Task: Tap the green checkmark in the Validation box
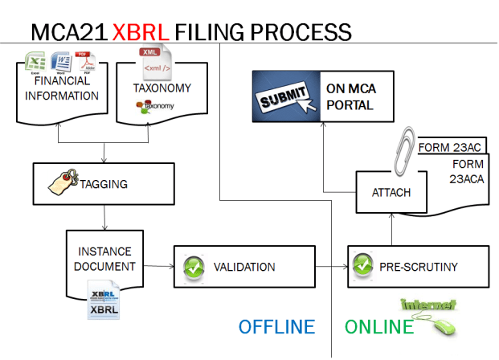tap(193, 267)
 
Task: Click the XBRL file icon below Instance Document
tap(104, 299)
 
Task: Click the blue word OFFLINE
tap(276, 327)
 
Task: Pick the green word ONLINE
tap(379, 327)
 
